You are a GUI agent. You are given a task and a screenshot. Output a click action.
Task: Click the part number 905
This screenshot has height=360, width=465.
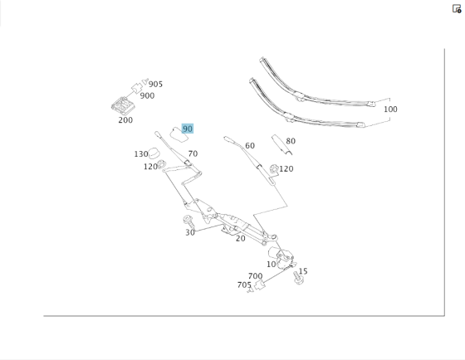click(155, 84)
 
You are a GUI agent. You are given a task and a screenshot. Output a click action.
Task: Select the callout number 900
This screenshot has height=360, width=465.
click(147, 95)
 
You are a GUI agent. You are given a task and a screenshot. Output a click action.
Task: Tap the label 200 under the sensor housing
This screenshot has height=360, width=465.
click(125, 120)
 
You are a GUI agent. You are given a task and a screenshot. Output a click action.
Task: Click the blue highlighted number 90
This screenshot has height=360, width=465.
click(188, 129)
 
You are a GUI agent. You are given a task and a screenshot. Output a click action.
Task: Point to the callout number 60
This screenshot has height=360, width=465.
click(249, 146)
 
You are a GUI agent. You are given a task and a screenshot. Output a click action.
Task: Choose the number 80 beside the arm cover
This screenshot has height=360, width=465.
click(291, 141)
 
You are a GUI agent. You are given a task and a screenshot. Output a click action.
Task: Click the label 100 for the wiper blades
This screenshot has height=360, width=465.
click(390, 109)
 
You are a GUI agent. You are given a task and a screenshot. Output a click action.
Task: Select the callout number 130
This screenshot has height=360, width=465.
click(141, 154)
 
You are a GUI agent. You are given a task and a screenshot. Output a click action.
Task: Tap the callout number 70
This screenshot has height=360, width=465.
click(193, 154)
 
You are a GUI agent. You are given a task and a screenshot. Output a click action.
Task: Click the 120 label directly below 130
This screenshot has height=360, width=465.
click(150, 167)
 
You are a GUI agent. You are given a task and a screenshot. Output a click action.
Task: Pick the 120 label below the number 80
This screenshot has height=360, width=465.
click(286, 169)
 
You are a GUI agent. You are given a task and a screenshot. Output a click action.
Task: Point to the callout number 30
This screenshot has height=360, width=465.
click(190, 232)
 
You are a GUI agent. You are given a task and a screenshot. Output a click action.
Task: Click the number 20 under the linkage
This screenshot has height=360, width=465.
click(240, 239)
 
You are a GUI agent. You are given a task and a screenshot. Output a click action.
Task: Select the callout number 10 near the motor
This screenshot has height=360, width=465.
click(272, 265)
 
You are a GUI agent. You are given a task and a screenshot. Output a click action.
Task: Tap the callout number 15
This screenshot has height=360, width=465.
click(303, 271)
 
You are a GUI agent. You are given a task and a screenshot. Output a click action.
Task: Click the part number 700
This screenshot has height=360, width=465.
click(255, 276)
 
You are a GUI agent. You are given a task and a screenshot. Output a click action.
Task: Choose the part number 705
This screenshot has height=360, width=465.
click(244, 285)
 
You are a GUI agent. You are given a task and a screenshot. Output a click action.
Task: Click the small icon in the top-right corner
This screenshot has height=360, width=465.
click(457, 9)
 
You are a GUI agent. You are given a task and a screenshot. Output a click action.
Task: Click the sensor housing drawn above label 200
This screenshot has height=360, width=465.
click(123, 105)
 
